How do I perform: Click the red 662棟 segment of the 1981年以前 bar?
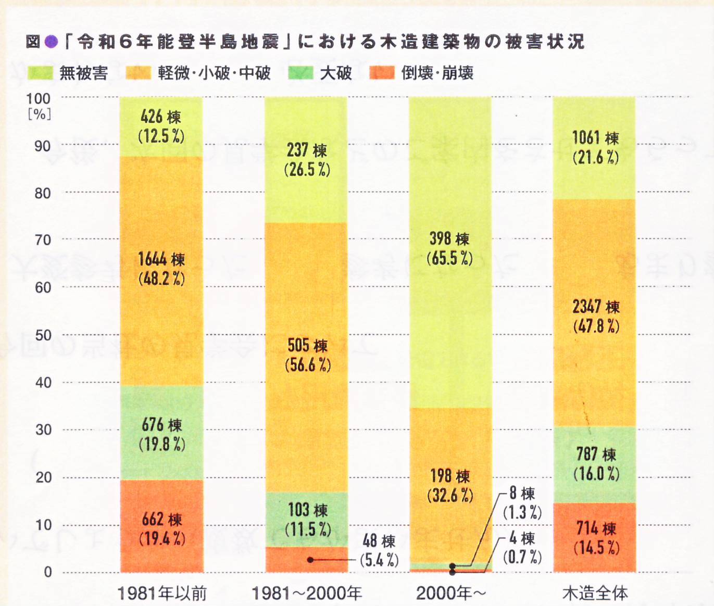161,526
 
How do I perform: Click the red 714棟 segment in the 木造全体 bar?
594,537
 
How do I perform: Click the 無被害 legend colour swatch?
40,73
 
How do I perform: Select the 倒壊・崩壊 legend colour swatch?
382,73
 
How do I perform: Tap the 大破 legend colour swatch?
300,73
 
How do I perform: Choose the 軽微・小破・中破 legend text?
214,73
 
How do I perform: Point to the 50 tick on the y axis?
43,335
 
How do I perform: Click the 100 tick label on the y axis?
39,98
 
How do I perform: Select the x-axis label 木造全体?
595,593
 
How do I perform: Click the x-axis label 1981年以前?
162,593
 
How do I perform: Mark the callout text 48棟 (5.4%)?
379,550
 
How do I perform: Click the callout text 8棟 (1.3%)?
522,503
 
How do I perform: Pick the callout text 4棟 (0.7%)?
522,548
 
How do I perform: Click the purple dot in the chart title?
51,42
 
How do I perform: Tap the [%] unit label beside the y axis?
40,114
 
